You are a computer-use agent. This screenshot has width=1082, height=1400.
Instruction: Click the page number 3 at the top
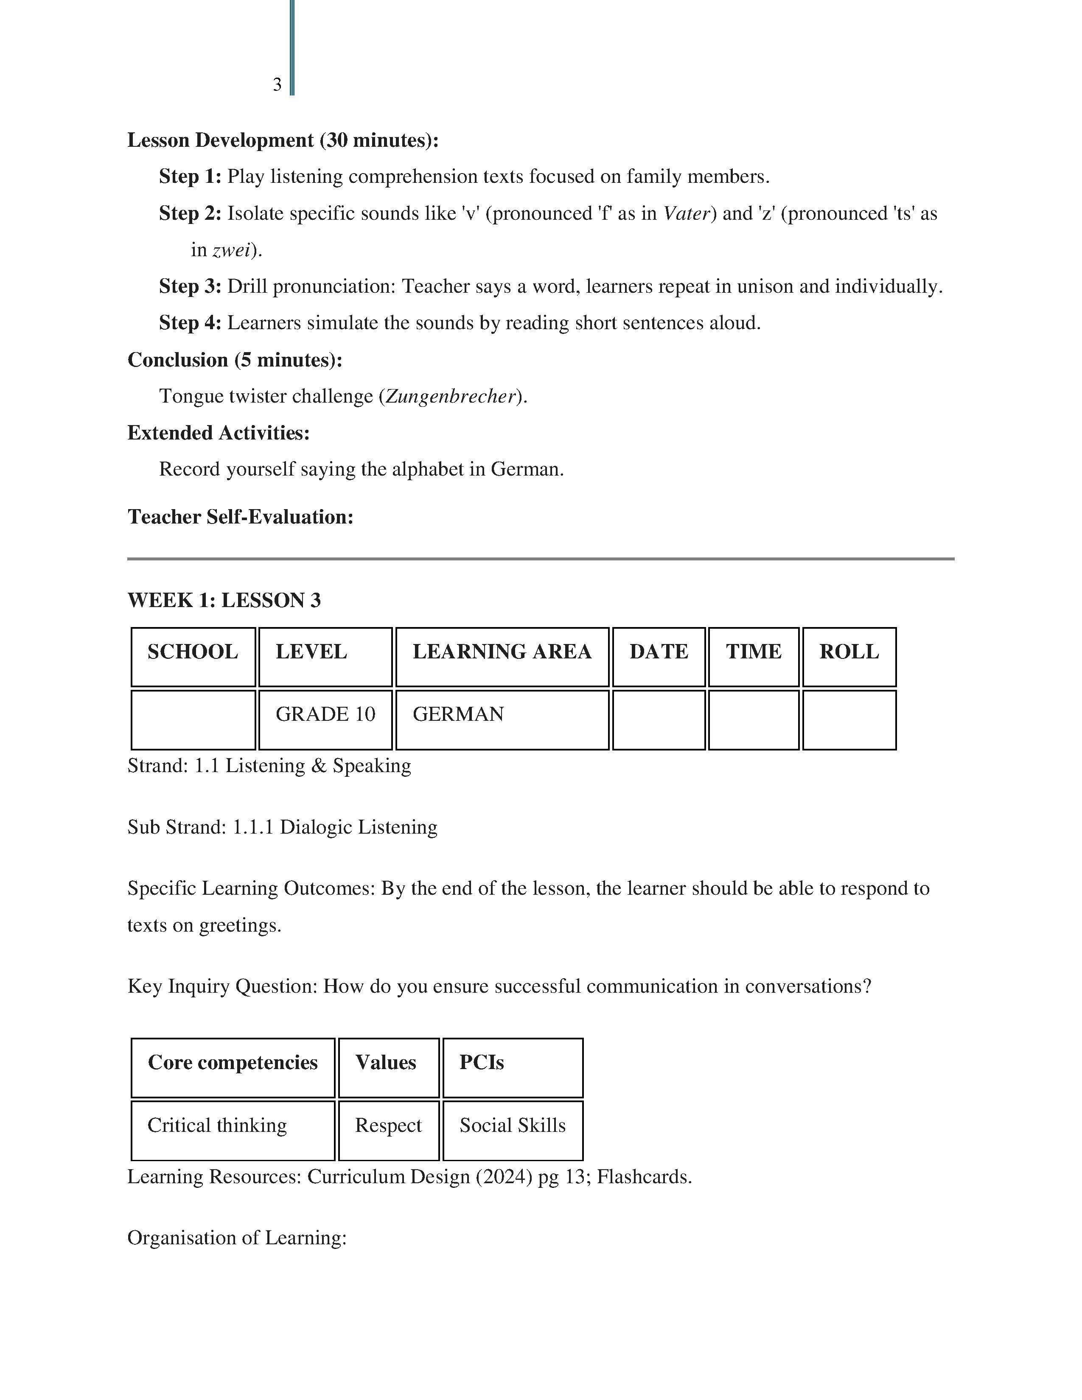point(277,84)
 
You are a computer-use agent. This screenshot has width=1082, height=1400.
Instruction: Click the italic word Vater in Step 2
point(687,213)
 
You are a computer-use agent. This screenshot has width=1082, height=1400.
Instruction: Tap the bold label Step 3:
point(190,286)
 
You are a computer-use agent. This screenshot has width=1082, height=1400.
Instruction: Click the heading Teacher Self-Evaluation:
point(240,517)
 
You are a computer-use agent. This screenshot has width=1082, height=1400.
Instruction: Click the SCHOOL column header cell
point(193,656)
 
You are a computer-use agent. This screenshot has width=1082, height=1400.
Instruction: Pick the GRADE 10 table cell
point(325,719)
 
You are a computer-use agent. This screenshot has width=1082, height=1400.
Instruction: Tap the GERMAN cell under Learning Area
point(502,719)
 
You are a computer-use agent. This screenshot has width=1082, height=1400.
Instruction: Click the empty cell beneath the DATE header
point(658,719)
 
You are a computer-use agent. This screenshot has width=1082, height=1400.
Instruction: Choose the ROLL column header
point(849,656)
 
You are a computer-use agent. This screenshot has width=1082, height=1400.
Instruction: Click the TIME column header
point(753,656)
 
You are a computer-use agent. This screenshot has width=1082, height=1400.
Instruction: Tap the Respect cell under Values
point(388,1125)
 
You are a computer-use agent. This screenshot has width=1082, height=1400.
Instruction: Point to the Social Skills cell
point(512,1125)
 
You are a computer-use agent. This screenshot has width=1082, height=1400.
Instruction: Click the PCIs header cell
point(512,1063)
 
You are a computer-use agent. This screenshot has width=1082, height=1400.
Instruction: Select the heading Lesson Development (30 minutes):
point(283,140)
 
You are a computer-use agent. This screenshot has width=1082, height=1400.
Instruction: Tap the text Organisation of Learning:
point(236,1237)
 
